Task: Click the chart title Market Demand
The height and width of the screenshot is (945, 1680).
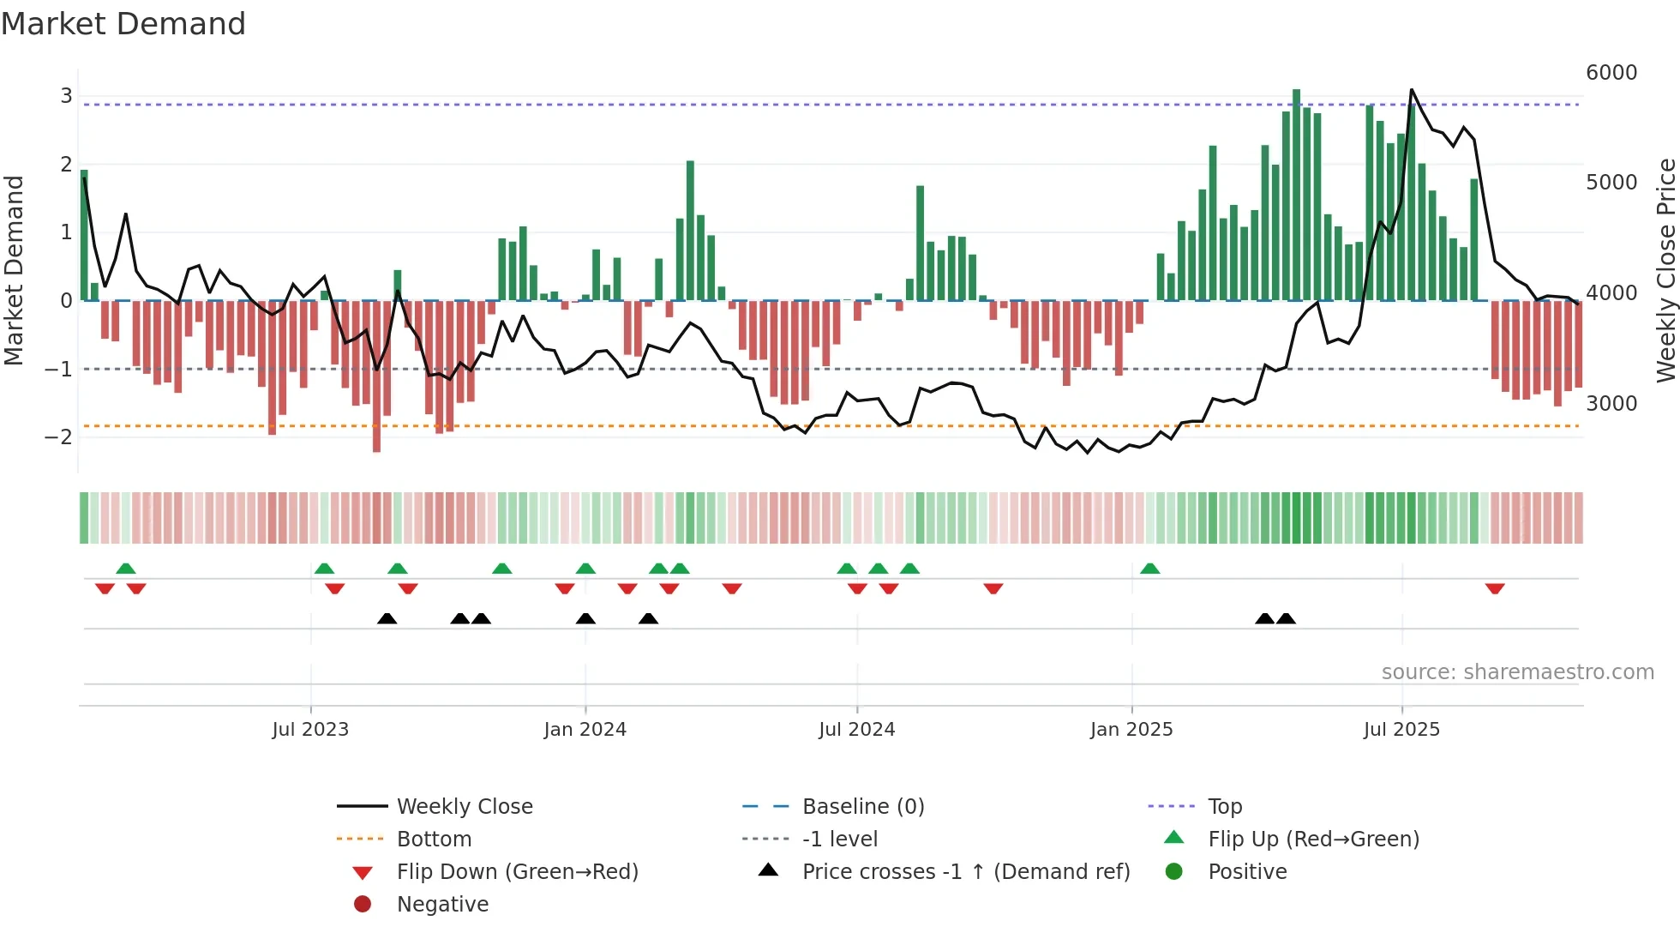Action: (x=123, y=24)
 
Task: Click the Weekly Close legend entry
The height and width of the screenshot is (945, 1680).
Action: (x=464, y=806)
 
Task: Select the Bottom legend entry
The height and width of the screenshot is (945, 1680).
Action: (x=434, y=839)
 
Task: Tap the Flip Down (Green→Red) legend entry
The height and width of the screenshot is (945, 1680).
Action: (x=517, y=871)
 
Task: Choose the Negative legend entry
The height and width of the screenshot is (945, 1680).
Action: (x=442, y=904)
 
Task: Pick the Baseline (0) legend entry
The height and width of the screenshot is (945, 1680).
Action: (x=862, y=806)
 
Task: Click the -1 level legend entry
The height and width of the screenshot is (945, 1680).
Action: (x=839, y=839)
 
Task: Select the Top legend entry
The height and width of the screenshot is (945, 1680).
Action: (x=1224, y=806)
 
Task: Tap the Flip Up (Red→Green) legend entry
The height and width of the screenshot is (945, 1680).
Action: (x=1313, y=839)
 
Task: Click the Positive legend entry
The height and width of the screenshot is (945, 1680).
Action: (x=1247, y=871)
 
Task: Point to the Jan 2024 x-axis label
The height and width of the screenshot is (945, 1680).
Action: (x=585, y=729)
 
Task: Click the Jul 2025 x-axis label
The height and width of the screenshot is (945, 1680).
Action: (x=1401, y=729)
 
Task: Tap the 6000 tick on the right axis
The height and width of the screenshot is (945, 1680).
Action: (x=1611, y=73)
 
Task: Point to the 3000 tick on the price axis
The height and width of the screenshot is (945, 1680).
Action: (x=1611, y=403)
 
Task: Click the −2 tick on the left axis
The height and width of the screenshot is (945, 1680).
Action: (x=59, y=436)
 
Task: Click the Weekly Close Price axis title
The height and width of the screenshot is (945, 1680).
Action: (x=1665, y=270)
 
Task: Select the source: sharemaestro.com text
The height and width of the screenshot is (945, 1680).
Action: (x=1517, y=671)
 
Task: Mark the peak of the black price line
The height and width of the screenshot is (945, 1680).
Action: (x=1412, y=89)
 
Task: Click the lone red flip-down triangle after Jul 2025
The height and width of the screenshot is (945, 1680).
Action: (x=1495, y=588)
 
